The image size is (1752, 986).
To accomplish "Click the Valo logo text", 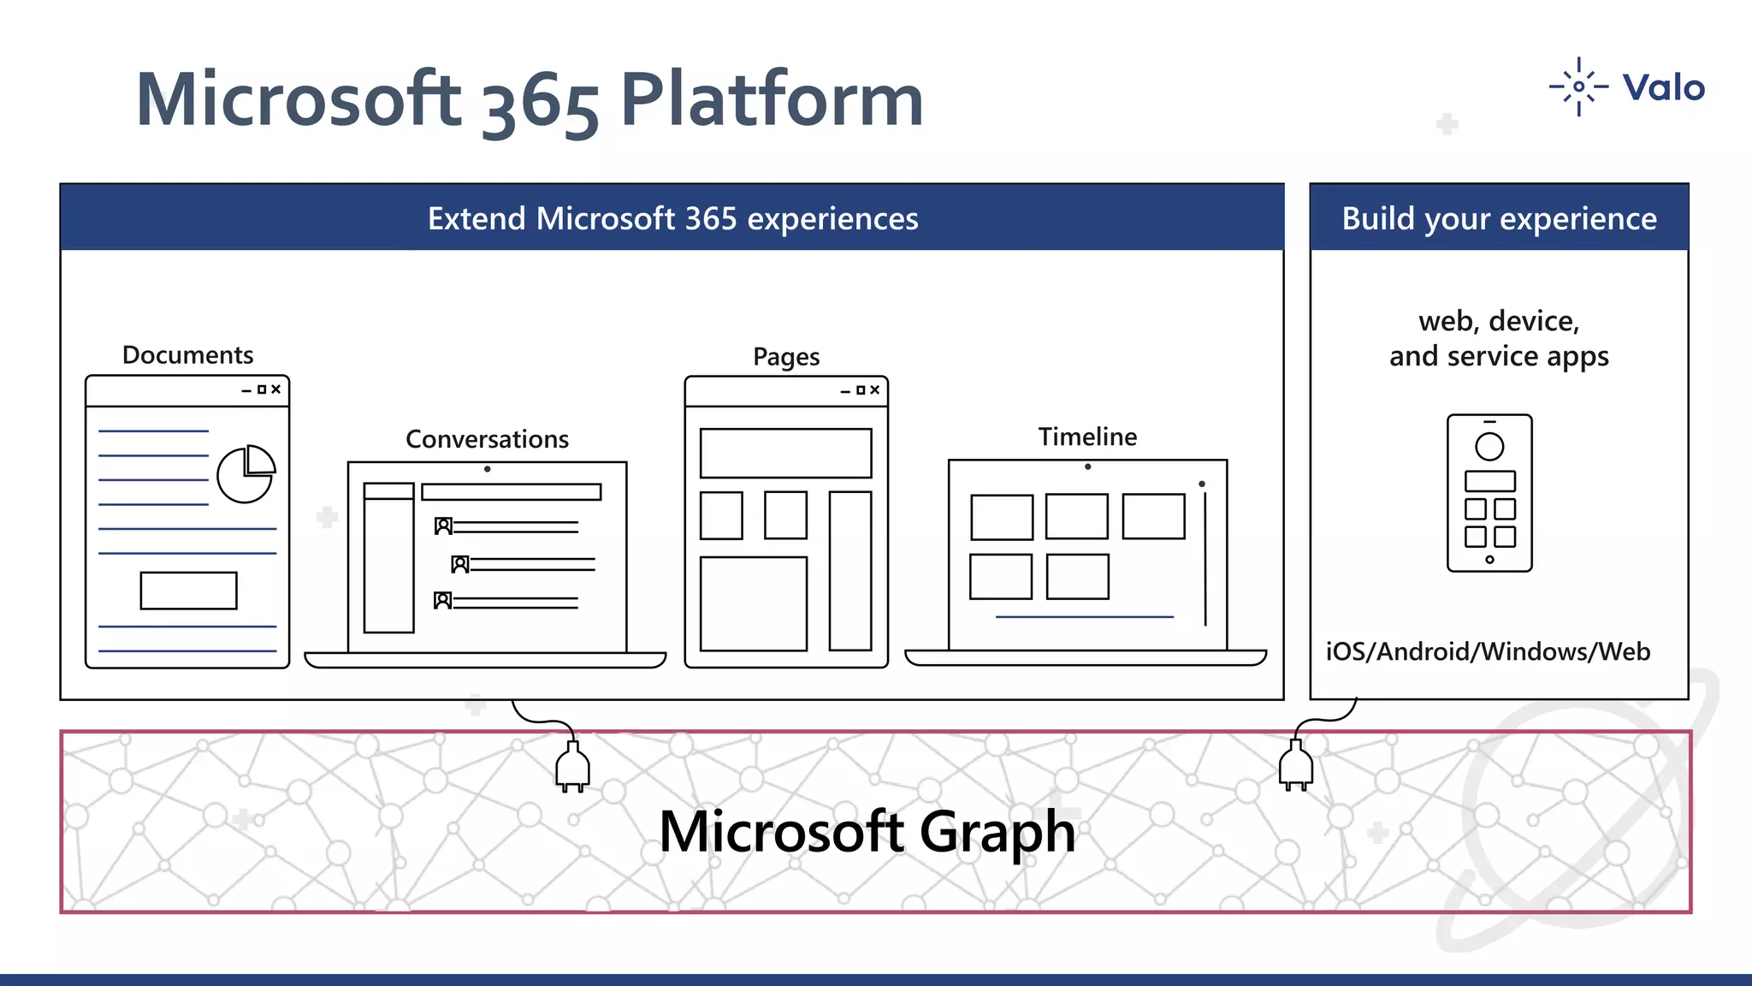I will point(1663,88).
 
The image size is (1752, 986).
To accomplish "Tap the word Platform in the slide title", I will point(772,100).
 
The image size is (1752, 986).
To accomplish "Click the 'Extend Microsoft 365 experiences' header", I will point(672,218).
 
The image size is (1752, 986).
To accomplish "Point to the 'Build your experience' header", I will point(1499,218).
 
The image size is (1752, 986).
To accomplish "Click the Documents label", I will point(187,354).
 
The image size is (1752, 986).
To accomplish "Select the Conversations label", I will point(487,439).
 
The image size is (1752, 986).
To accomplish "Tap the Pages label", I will point(786,356).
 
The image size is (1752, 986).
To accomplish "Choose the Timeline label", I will point(1087,437).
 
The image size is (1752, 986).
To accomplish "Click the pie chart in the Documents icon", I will point(246,474).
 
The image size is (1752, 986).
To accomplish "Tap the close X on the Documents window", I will point(275,389).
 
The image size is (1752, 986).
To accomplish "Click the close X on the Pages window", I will point(874,390).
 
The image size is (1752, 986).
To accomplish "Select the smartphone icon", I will point(1489,493).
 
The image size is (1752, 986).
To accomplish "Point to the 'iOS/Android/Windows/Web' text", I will point(1488,651).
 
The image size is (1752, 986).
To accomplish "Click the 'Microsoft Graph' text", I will point(867,831).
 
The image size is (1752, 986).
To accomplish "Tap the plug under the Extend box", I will point(572,766).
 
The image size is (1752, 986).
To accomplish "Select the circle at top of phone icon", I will point(1489,446).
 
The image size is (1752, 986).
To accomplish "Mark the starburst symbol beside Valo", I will point(1578,86).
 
